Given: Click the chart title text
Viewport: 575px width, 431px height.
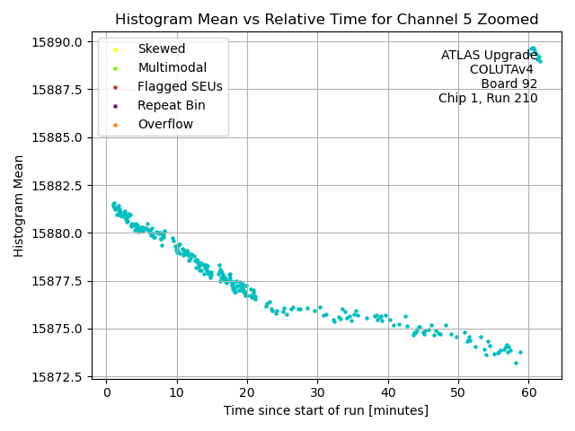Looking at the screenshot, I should (326, 20).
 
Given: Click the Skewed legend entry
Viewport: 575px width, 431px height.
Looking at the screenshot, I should (161, 48).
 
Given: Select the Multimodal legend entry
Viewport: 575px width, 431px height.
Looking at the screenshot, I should (172, 67).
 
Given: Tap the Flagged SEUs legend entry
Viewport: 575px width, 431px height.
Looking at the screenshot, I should (180, 86).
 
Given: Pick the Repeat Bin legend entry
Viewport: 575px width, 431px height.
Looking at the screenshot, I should (171, 105).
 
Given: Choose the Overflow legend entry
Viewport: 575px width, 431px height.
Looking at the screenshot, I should (165, 124).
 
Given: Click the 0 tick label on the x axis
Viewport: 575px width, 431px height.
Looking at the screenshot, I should (107, 391).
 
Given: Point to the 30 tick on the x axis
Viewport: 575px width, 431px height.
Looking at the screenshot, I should (318, 391).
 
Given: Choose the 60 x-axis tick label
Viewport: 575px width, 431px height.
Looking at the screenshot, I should (528, 391).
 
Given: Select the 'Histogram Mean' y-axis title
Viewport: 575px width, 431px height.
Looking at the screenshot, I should (19, 206).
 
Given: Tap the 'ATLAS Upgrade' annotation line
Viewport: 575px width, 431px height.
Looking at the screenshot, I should (489, 56).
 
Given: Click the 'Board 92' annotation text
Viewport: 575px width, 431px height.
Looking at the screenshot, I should (509, 84).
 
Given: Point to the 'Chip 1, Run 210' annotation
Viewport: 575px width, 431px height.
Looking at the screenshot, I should (488, 99).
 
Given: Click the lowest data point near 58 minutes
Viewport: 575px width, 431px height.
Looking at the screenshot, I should (516, 363).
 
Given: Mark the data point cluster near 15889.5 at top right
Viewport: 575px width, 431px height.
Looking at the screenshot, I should (534, 52).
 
